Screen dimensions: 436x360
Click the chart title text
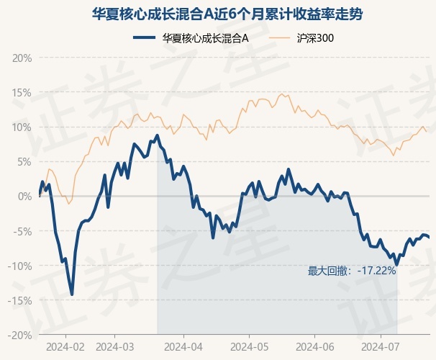point(227,14)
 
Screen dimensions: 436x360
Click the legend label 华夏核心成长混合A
point(205,38)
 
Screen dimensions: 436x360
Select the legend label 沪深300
point(315,38)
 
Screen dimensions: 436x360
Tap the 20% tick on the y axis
point(22,58)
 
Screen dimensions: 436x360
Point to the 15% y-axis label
point(22,93)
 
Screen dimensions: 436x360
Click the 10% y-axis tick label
point(22,127)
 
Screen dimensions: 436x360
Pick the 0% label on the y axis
point(24,197)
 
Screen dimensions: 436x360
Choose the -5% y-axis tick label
point(22,231)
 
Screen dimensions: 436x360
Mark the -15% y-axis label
point(20,300)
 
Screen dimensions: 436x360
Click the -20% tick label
point(20,336)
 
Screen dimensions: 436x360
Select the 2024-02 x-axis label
point(65,347)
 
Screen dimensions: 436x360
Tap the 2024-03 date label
point(115,347)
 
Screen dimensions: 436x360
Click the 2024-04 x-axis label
point(183,347)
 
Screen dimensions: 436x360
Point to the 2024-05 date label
point(250,347)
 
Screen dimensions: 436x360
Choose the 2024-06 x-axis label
point(315,347)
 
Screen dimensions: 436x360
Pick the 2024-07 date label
point(381,347)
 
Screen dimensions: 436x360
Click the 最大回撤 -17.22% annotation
point(352,271)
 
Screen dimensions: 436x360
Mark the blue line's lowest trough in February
point(72,294)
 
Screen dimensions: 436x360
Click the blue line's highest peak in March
point(158,136)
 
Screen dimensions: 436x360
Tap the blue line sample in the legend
point(144,38)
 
